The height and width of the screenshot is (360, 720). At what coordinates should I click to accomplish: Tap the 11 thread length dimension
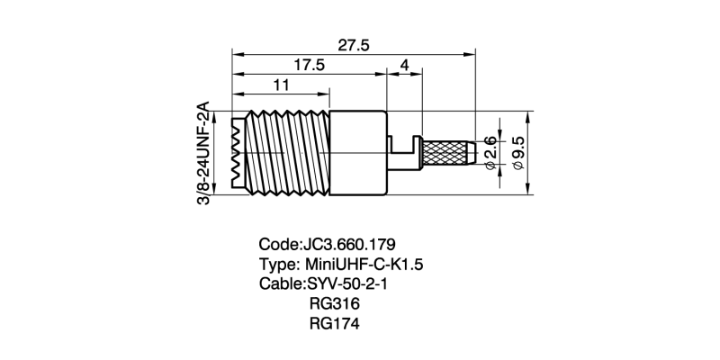click(x=281, y=85)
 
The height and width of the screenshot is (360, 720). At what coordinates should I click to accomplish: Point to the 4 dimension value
click(x=405, y=66)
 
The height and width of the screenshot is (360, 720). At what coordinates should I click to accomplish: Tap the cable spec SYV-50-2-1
click(x=346, y=284)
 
